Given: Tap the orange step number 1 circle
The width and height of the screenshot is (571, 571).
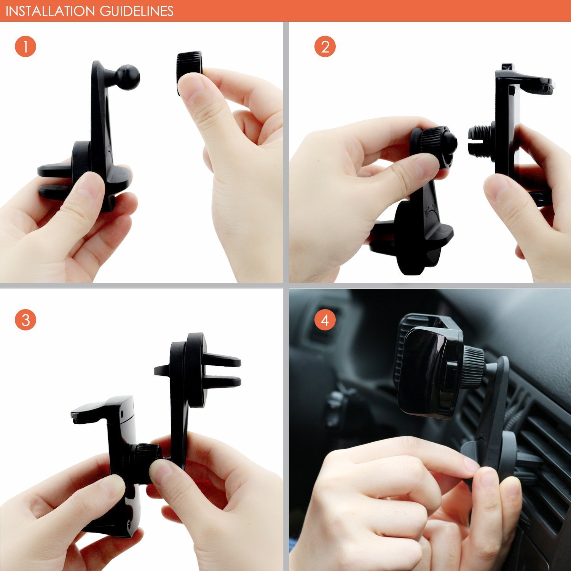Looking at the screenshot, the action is (x=25, y=47).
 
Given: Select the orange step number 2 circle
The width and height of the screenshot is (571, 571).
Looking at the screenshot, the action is (x=325, y=47).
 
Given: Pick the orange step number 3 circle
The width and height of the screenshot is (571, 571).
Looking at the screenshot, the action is (x=25, y=319).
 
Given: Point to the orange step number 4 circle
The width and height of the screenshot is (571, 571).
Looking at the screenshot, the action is (x=325, y=319).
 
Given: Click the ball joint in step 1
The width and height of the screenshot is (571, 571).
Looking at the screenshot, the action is (x=128, y=77).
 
